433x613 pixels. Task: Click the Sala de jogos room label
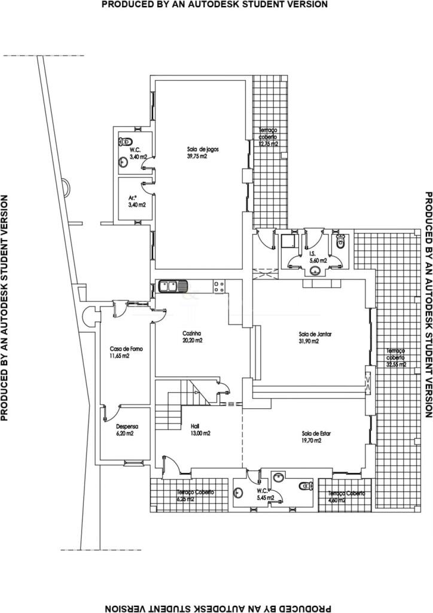tap(197, 149)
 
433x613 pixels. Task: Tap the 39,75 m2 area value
tap(197, 157)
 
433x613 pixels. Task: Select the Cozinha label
tap(192, 333)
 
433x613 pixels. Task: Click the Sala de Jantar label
tap(309, 334)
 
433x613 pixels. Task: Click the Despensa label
tap(127, 444)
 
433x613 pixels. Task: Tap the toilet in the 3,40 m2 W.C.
tap(124, 142)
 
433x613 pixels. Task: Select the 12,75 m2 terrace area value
tap(269, 144)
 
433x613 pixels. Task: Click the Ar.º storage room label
tap(133, 197)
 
